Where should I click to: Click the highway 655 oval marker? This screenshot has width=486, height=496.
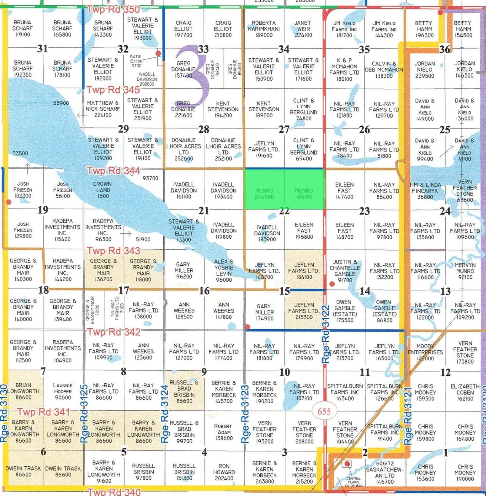pos(324,411)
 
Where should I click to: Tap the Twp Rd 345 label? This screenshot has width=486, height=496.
pos(113,90)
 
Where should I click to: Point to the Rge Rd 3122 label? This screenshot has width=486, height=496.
pos(326,334)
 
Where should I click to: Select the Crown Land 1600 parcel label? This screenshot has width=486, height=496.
pos(103,190)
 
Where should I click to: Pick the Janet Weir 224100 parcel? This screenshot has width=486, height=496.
pos(303,29)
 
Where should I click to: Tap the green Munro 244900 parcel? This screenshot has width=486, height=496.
pos(264,193)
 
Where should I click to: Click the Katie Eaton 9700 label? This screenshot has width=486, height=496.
pos(136,61)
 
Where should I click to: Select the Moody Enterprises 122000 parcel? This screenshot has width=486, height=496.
pos(425,352)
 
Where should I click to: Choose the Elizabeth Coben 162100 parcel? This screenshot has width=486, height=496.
pos(465,392)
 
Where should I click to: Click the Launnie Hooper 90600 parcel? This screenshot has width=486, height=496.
pos(63,391)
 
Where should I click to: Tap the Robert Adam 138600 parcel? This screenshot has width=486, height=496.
pos(224,432)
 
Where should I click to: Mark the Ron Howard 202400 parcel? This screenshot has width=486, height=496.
pos(224,472)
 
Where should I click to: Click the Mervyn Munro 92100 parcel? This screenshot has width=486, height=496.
pos(465,271)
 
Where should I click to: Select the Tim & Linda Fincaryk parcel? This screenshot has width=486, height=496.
pos(425,191)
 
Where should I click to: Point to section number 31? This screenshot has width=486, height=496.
pos(42,49)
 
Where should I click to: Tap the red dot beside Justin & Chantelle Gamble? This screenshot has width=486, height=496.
pos(332,284)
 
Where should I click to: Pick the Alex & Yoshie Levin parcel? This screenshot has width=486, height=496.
pos(224,270)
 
